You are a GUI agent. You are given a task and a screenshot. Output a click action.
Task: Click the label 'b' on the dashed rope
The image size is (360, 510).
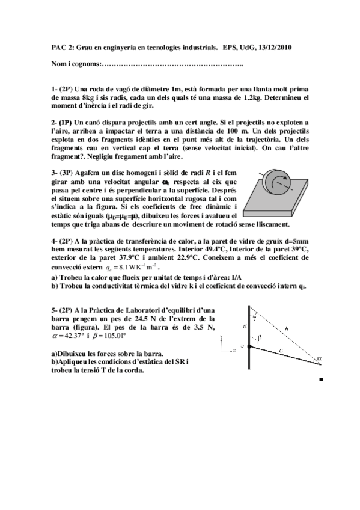287,328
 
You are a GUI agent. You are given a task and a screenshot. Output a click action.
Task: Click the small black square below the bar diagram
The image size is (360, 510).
322,380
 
